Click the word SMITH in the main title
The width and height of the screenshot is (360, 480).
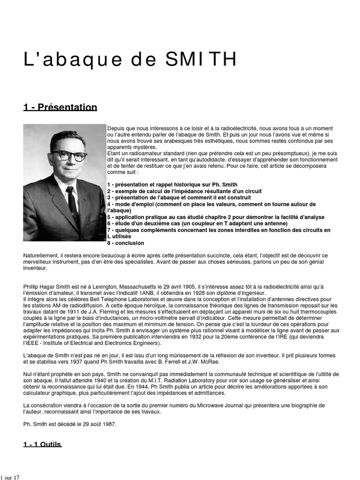[x=201, y=60]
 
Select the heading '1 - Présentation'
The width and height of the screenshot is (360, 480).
[x=60, y=107]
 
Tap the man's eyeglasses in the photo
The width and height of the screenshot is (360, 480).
[x=68, y=156]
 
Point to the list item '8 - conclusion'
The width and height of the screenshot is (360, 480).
[x=126, y=243]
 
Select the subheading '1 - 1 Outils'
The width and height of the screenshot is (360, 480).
[x=42, y=444]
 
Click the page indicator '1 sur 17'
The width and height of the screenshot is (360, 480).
[x=10, y=477]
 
